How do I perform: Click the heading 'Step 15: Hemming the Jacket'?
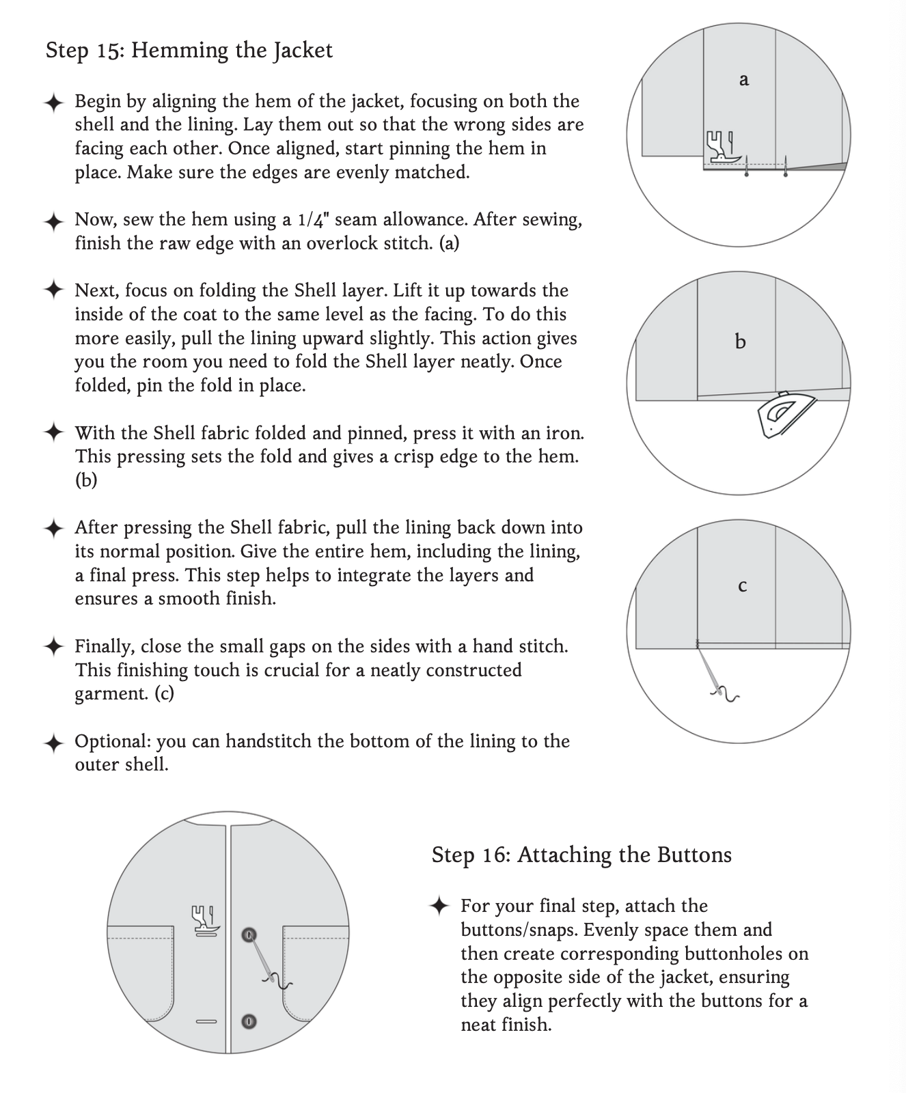coord(189,51)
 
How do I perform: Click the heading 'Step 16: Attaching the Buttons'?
coord(581,855)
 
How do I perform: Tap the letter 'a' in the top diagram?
coord(744,80)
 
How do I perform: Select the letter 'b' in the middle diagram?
coord(740,342)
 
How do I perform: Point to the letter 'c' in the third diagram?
coord(743,586)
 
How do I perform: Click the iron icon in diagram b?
coord(785,413)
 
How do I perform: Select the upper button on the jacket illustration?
coord(249,934)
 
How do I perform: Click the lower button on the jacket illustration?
coord(249,1022)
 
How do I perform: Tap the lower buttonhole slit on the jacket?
coord(206,1022)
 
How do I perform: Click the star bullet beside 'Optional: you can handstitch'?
coord(54,743)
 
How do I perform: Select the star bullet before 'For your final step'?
coord(439,907)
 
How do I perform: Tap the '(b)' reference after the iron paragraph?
coord(86,480)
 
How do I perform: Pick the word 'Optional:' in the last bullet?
coord(113,742)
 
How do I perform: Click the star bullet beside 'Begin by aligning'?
coord(54,102)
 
